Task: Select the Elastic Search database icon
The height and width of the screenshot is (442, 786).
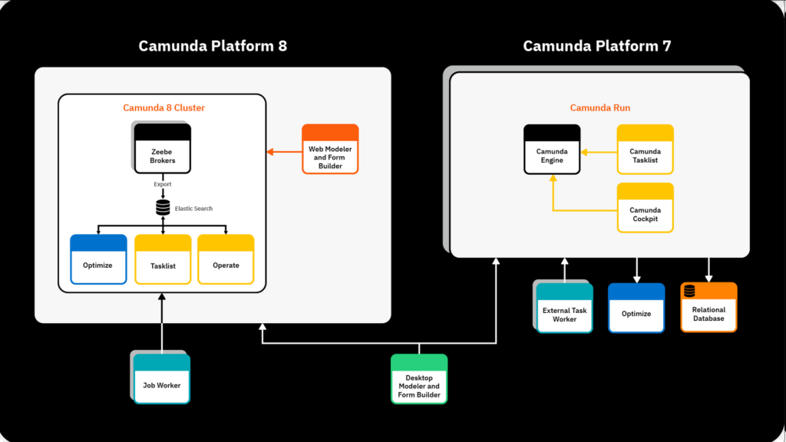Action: [163, 208]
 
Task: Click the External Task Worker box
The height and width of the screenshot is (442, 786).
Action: [564, 308]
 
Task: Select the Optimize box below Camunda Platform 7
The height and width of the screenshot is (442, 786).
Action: [636, 308]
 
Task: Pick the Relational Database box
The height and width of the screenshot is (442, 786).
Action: [708, 308]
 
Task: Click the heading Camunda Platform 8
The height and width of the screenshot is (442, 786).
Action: [213, 46]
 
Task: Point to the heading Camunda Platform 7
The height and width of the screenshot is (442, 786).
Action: [597, 46]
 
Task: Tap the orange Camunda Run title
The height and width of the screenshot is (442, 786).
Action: [599, 108]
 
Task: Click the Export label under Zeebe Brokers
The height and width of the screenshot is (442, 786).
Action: [163, 184]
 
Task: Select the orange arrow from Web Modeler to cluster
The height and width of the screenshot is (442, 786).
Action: [284, 152]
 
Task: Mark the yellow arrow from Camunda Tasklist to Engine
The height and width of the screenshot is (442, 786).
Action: [599, 152]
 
